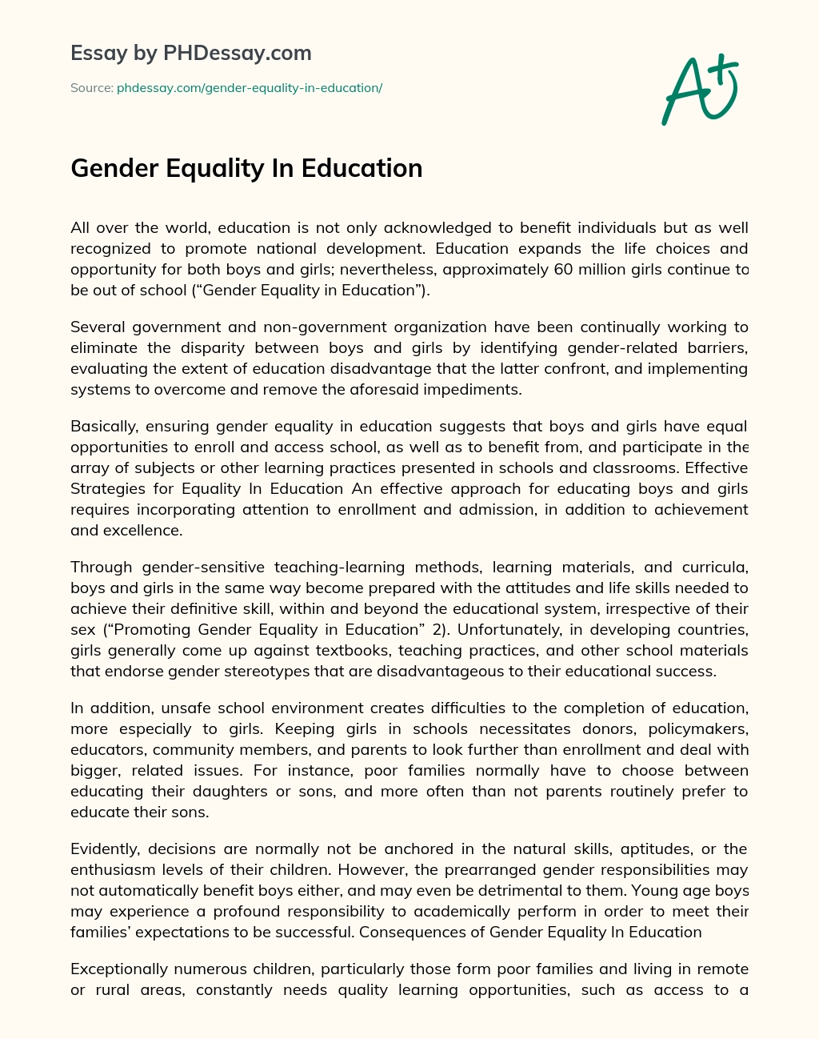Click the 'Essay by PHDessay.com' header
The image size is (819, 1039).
click(x=191, y=53)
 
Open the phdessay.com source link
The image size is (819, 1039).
click(x=250, y=88)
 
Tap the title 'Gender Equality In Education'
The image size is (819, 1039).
click(x=246, y=168)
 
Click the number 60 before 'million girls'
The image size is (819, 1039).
click(x=565, y=269)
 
